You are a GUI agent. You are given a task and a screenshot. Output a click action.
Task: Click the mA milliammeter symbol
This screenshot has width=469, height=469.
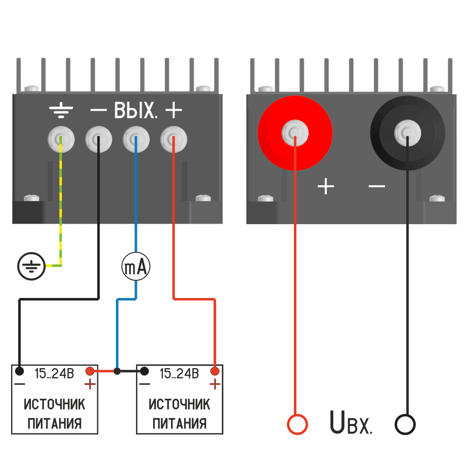(136, 266)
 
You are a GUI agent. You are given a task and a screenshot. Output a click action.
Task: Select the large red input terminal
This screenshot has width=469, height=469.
(295, 133)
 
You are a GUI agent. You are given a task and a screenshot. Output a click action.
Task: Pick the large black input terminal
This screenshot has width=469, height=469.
(407, 133)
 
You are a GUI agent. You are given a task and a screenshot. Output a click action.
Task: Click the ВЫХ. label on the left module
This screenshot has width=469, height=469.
(135, 110)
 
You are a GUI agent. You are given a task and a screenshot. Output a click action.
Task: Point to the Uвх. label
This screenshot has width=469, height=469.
(351, 423)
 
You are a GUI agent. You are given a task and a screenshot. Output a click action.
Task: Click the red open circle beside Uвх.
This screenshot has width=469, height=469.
(297, 424)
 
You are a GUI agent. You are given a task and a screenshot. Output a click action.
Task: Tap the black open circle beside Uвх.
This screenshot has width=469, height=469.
(405, 424)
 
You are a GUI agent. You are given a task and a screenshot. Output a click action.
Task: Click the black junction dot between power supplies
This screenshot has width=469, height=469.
(117, 371)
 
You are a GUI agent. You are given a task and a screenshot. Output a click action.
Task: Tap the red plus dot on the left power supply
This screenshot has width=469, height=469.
(90, 371)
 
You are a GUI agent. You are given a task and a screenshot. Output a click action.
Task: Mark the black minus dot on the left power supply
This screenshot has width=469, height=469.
(19, 371)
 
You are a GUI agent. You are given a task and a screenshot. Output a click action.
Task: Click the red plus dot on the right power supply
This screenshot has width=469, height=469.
(215, 371)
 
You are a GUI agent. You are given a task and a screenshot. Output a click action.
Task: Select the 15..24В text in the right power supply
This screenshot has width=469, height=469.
(179, 373)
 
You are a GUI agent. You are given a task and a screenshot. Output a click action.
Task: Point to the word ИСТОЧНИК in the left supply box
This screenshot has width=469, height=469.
(54, 404)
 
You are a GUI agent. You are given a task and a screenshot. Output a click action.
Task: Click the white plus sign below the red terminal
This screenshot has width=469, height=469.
(326, 186)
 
